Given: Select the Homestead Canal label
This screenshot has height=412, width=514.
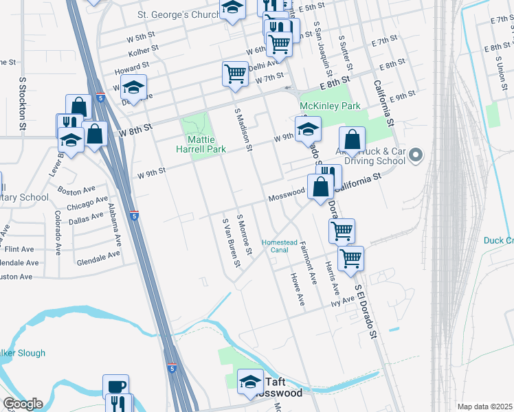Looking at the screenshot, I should (x=280, y=246).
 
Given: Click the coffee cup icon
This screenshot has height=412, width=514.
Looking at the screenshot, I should (x=115, y=386).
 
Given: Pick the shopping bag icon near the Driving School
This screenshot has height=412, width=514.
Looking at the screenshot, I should (x=352, y=140).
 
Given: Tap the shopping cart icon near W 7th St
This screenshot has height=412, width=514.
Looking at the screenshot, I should (x=235, y=73).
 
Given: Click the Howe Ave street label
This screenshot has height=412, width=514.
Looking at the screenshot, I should (x=297, y=289).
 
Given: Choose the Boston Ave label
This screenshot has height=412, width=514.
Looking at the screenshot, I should (x=76, y=190).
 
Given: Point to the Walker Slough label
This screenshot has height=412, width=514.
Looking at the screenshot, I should (x=23, y=353).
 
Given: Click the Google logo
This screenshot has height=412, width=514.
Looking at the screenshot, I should (x=23, y=404).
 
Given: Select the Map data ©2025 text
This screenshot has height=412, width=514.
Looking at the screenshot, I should (x=485, y=407).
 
